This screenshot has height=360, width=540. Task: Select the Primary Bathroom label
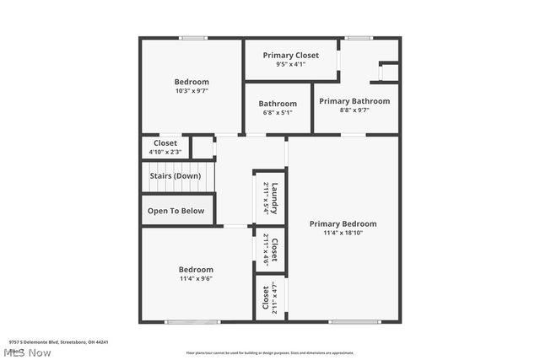click(x=354, y=101)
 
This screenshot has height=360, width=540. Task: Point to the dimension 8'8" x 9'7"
click(x=354, y=110)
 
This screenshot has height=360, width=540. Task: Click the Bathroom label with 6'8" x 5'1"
click(x=278, y=104)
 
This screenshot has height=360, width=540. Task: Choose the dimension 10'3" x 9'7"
click(x=192, y=91)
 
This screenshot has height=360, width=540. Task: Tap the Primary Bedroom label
click(x=343, y=223)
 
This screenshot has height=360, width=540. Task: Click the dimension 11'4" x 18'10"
click(x=343, y=234)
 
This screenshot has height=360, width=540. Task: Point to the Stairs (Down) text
click(x=175, y=176)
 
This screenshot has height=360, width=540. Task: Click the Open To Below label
click(x=175, y=211)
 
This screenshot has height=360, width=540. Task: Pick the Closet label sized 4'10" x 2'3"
click(x=165, y=143)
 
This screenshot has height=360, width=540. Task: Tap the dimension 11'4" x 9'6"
click(x=195, y=279)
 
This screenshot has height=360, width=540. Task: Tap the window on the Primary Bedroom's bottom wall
click(x=354, y=321)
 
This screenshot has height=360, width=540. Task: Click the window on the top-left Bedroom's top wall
click(x=193, y=37)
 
